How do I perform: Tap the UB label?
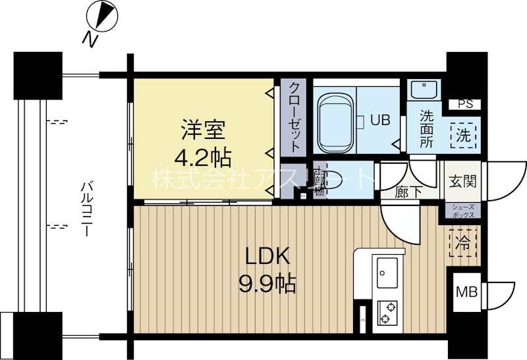[x=379, y=120]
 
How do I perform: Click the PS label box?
[x=465, y=104]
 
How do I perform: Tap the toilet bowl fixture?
[x=333, y=180]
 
